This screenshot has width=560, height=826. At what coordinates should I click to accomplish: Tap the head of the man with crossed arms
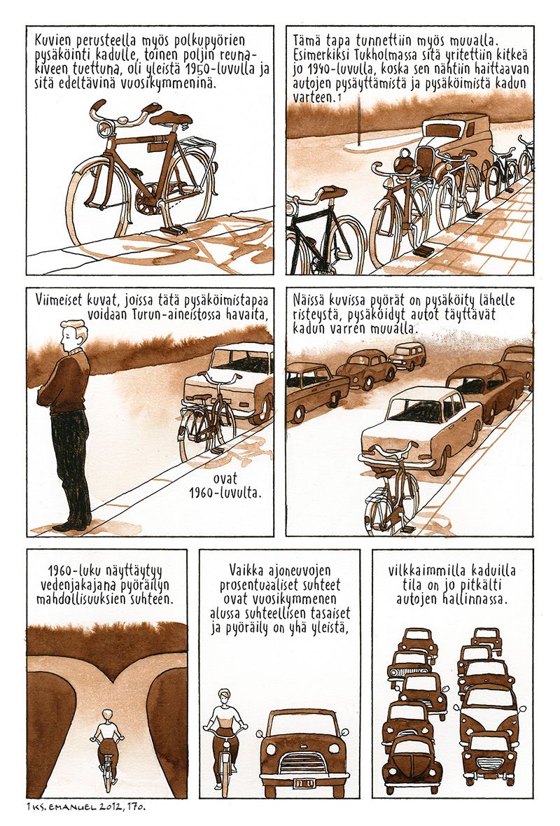pyautogui.click(x=73, y=334)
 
